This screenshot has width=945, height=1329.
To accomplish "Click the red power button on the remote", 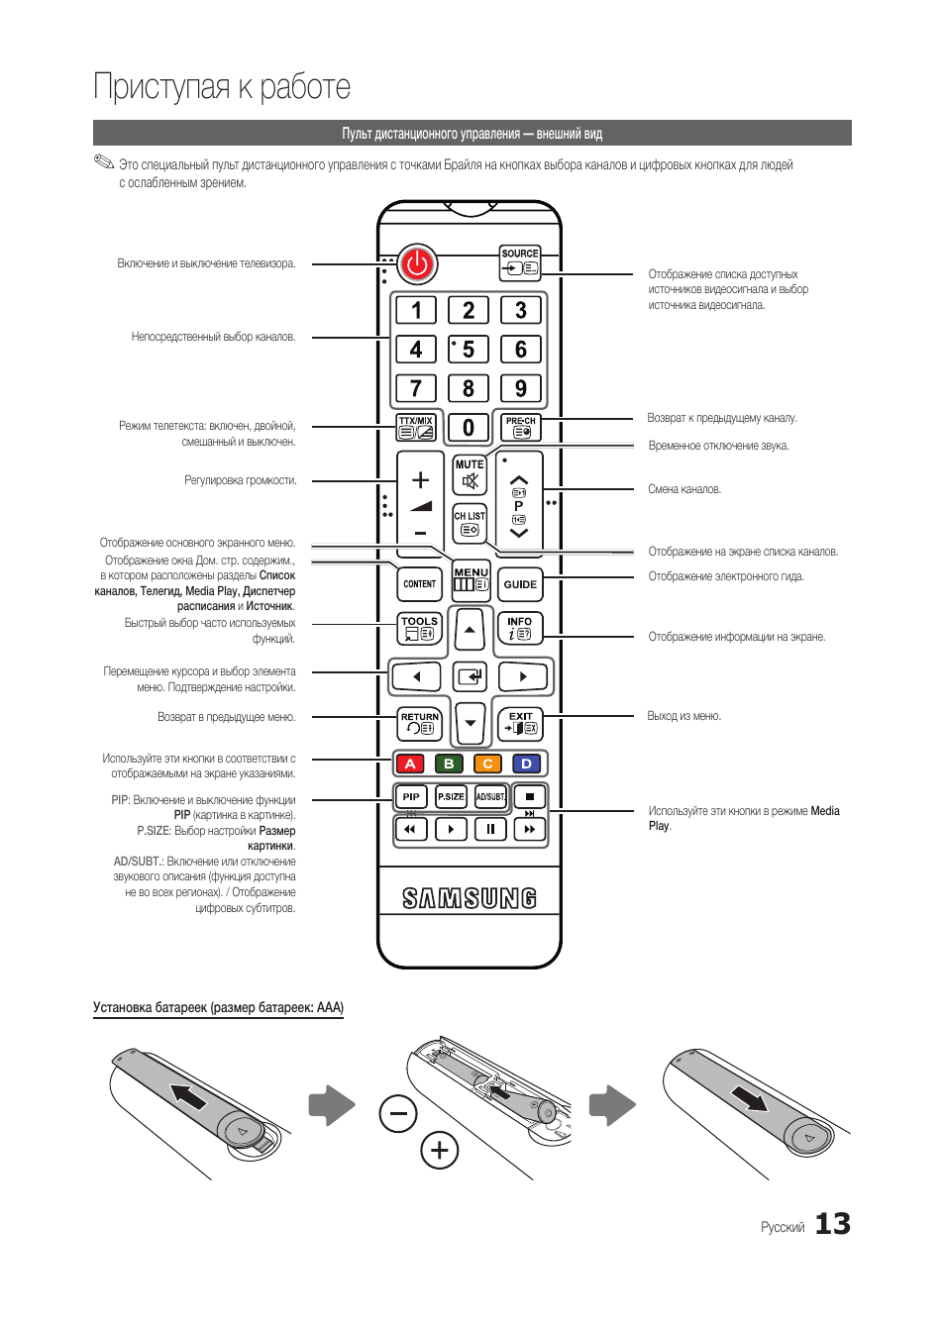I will [417, 263].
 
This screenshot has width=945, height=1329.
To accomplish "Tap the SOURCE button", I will [520, 262].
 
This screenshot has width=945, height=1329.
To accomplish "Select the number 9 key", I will [521, 388].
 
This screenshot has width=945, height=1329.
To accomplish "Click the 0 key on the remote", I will [469, 428].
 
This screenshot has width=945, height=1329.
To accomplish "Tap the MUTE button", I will [470, 475].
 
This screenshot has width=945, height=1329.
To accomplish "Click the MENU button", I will [471, 579].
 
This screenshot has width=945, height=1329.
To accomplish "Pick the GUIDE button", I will [520, 584].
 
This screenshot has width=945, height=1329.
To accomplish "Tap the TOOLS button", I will [419, 628].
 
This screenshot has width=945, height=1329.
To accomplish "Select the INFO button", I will [520, 628].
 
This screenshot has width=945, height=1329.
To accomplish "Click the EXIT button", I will [520, 723].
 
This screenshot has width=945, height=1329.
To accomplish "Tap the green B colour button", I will [449, 764].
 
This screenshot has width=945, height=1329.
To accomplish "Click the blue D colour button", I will [526, 764].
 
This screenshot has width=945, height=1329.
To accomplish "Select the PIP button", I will [411, 796].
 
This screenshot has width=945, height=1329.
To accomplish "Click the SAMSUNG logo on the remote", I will [470, 898].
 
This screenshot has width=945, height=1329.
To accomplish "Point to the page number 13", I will [832, 1224].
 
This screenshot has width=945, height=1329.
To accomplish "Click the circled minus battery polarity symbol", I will [398, 1114].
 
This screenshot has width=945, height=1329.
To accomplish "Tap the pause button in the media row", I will [490, 829].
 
